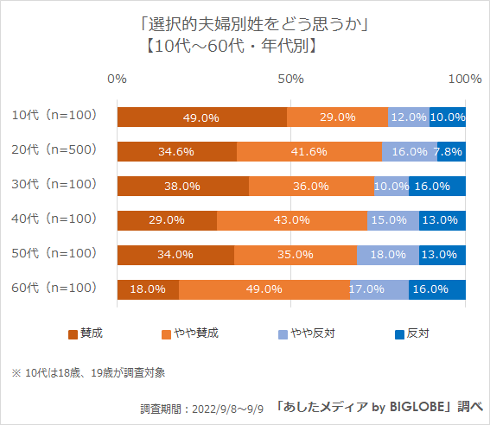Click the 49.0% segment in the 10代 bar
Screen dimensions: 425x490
pyautogui.click(x=201, y=117)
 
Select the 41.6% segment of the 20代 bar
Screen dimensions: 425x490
pyautogui.click(x=309, y=151)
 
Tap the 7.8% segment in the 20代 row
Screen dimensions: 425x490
pyautogui.click(x=451, y=151)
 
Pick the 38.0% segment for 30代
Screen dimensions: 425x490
pyautogui.click(x=182, y=186)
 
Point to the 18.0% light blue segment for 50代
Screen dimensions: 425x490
pyautogui.click(x=388, y=255)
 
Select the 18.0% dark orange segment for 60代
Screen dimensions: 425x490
pyautogui.click(x=148, y=289)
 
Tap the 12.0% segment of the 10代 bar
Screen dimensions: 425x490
pyautogui.click(x=409, y=117)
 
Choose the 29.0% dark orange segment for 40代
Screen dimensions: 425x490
pyautogui.click(x=167, y=220)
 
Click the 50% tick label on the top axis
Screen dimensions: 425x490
pyautogui.click(x=291, y=79)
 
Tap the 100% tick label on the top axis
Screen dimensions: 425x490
pyautogui.click(x=466, y=79)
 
